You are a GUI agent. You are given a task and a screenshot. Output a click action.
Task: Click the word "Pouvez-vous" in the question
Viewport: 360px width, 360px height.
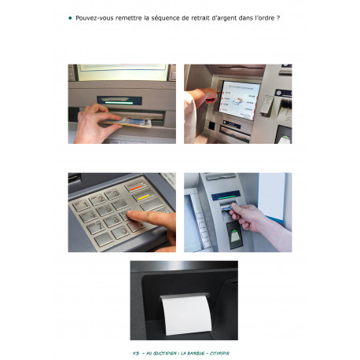[94, 17]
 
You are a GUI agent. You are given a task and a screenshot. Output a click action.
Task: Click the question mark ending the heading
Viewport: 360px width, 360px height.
[278, 17]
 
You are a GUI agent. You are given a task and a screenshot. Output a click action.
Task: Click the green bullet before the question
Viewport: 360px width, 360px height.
[71, 17]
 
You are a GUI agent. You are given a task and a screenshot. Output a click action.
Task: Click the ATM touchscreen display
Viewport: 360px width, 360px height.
[238, 101]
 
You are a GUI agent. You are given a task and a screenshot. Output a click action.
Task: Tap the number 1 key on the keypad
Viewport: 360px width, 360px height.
[81, 204]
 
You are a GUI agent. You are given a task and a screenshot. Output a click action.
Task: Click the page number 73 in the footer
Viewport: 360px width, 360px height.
[136, 353]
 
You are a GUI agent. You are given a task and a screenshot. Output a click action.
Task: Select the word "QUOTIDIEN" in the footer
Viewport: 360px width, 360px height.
[165, 353]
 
